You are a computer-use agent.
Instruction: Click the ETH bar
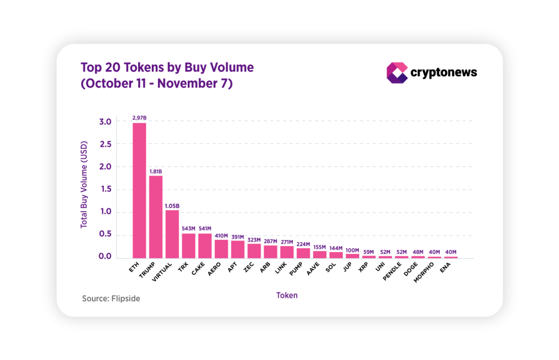click(139, 190)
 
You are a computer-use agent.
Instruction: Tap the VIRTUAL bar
click(172, 234)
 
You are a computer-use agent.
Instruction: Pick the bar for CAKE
click(205, 245)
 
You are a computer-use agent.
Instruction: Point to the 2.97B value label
click(139, 118)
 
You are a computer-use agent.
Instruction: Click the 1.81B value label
click(156, 171)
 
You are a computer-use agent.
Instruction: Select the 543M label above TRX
click(188, 229)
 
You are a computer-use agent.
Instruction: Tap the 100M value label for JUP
click(352, 250)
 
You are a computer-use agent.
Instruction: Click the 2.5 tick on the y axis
click(106, 144)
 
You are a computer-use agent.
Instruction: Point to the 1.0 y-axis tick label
click(106, 212)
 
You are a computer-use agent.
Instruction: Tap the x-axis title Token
click(287, 295)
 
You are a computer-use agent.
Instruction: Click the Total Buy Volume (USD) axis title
click(84, 189)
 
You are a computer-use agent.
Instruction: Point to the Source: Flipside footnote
click(111, 299)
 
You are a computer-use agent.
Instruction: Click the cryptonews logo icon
click(397, 73)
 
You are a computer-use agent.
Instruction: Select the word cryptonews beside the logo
click(443, 73)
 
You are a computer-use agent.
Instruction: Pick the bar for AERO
click(221, 248)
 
